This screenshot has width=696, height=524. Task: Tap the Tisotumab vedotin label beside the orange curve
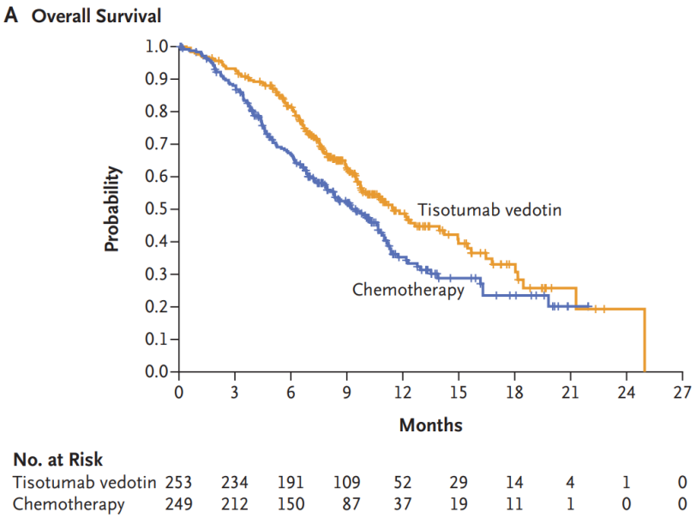pos(489,209)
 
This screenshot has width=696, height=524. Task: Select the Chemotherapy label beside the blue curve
pos(408,290)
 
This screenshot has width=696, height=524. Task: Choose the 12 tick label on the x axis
pos(403,394)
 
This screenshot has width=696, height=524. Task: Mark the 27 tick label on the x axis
pos(682,394)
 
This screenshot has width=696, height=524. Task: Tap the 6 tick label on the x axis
pos(291,394)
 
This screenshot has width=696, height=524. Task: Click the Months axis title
pos(430,425)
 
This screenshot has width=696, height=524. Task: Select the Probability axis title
pos(111,209)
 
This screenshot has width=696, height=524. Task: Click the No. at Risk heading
pos(57,461)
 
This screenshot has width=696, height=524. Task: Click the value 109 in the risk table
pos(347,483)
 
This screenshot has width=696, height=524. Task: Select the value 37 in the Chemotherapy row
pos(403,504)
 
